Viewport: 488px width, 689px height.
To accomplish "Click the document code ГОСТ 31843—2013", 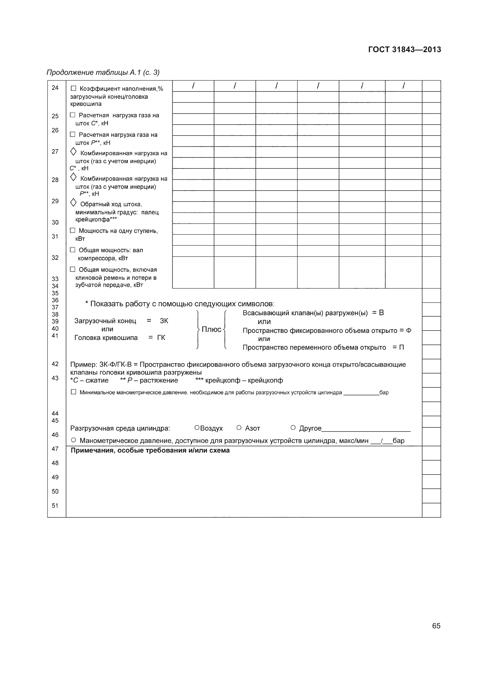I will coord(405,49).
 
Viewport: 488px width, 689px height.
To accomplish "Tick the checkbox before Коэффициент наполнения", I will coord(73,89).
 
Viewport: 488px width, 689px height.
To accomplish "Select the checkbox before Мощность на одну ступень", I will coord(72,230).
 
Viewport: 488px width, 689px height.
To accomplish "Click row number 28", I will coord(55,180).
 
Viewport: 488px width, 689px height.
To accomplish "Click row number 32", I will coord(55,257).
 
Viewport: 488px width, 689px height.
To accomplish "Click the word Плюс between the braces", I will coord(211,330).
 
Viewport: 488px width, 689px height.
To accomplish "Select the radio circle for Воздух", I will coord(197,427).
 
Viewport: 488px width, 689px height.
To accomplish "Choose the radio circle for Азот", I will coord(239,427).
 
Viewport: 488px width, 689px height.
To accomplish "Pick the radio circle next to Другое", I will coord(293,427).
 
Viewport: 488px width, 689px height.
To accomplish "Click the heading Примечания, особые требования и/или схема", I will coord(150,450).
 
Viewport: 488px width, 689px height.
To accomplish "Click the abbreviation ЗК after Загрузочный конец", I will coord(164,321).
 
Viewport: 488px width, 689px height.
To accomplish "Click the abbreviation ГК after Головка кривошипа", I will coord(161,338).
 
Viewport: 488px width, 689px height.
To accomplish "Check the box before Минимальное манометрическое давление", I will coord(73,392).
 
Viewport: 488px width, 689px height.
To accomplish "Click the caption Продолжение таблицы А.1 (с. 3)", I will coord(103,72).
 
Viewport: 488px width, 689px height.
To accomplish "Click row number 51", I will coord(55,506).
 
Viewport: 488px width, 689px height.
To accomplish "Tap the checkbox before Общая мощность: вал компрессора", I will coord(72,250).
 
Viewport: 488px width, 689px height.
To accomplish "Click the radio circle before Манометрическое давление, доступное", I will coord(74,440).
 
